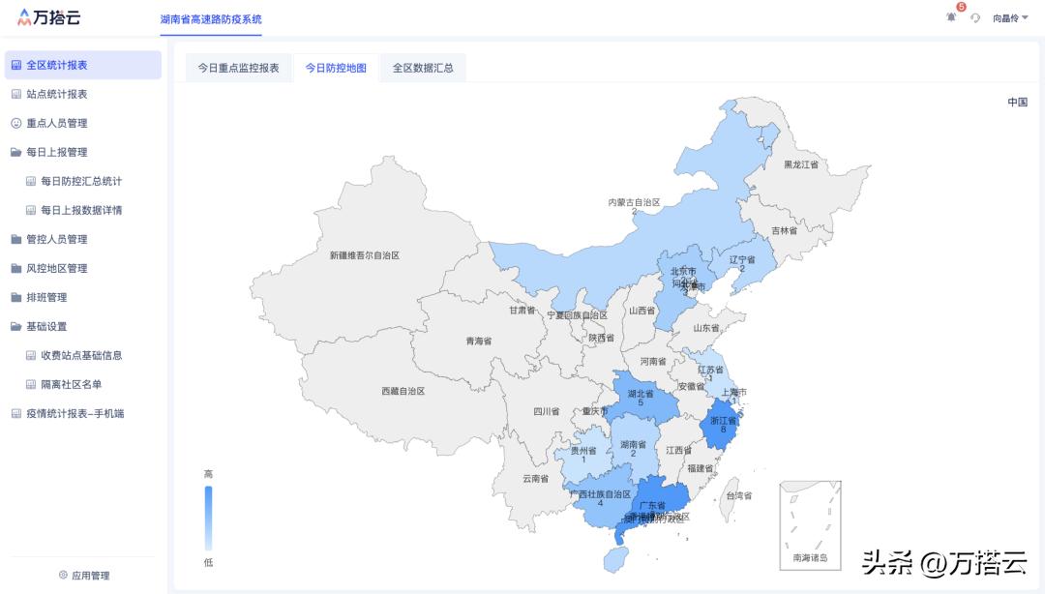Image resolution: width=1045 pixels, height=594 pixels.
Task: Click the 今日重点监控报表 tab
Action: pyautogui.click(x=238, y=68)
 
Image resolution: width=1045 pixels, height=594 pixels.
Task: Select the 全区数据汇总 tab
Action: pyautogui.click(x=423, y=68)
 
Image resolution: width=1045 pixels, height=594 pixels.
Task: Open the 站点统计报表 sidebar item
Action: pyautogui.click(x=56, y=94)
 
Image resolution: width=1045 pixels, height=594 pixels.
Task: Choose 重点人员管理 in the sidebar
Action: pyautogui.click(x=56, y=123)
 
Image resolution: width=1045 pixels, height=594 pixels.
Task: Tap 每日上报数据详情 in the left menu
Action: pyautogui.click(x=81, y=210)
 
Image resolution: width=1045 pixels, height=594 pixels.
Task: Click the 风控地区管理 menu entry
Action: pyautogui.click(x=56, y=268)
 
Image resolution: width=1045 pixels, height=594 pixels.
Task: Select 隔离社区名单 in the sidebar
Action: pyautogui.click(x=71, y=384)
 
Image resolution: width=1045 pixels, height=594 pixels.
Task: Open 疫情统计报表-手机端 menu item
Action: pyautogui.click(x=75, y=413)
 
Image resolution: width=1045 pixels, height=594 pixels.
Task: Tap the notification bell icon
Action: pyautogui.click(x=951, y=17)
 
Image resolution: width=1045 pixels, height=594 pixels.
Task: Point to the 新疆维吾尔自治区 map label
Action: pyautogui.click(x=364, y=255)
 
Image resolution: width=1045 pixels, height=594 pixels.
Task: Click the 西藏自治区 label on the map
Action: pyautogui.click(x=403, y=391)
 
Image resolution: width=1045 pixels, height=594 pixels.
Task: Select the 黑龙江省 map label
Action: pyautogui.click(x=801, y=165)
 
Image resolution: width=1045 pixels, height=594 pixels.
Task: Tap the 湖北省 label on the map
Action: pyautogui.click(x=641, y=394)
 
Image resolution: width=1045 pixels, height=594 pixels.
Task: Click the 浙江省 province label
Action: pyautogui.click(x=724, y=421)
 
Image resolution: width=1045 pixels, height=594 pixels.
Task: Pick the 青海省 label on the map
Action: pyautogui.click(x=478, y=342)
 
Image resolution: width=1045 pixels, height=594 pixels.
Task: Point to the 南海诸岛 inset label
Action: pyautogui.click(x=810, y=558)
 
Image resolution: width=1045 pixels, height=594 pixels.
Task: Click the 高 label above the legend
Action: pyautogui.click(x=208, y=474)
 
